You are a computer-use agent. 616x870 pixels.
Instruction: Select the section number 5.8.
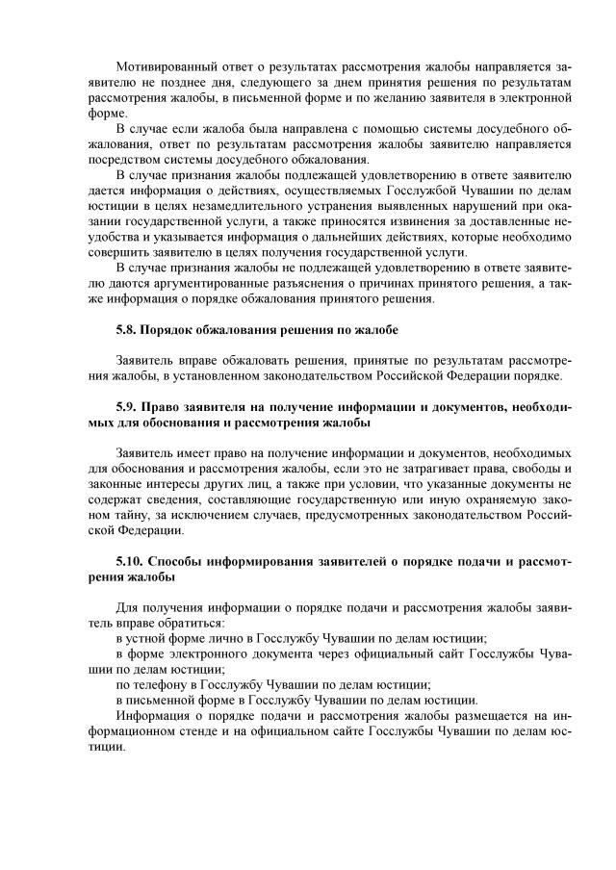point(128,329)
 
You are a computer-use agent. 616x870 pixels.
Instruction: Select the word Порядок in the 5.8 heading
point(175,329)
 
